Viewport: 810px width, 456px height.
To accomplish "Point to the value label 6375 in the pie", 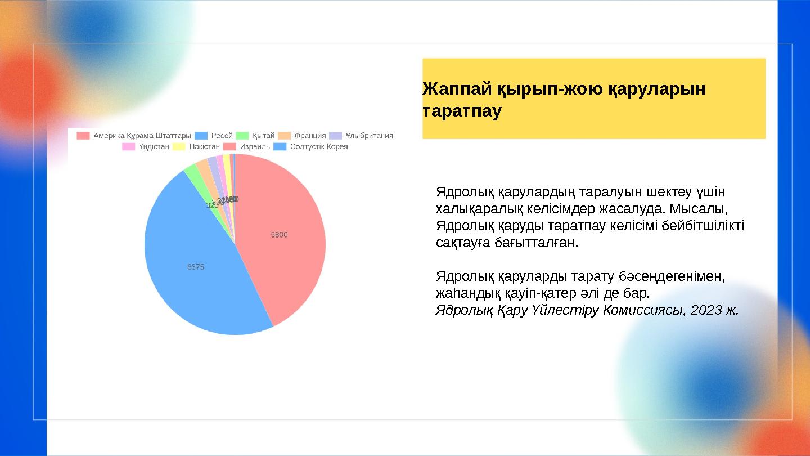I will (196, 267).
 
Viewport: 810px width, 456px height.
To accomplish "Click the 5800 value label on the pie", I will (280, 235).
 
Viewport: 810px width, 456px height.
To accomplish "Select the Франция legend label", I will (310, 136).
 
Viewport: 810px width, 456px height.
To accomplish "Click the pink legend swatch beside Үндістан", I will (129, 147).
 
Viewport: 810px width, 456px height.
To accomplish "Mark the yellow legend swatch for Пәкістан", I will (179, 147).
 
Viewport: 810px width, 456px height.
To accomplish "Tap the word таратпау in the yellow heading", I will (462, 110).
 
